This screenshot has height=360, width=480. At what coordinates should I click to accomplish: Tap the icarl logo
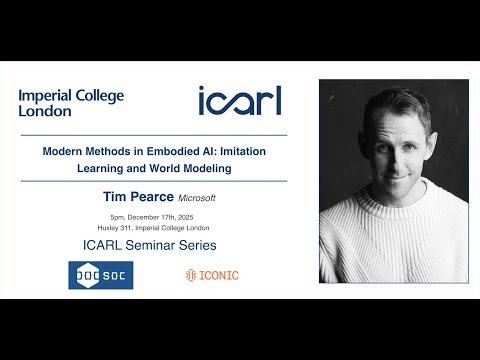(239, 100)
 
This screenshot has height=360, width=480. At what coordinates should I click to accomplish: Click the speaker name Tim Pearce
(153, 198)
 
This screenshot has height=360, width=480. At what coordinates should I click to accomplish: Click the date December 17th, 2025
(176, 217)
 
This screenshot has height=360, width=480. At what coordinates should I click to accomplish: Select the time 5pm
(121, 217)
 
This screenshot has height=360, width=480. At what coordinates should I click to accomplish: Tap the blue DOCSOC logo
(100, 275)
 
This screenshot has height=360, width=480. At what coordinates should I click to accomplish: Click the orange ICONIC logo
(212, 275)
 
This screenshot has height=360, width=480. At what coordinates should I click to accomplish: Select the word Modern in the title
(62, 152)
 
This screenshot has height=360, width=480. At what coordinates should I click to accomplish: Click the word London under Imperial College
(43, 112)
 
